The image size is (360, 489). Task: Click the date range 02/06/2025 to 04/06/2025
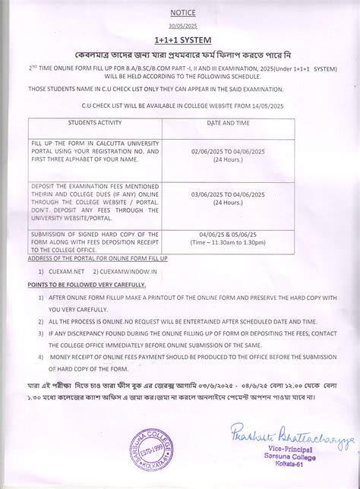click(232, 152)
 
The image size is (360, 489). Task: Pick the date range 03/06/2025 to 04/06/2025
click(232, 196)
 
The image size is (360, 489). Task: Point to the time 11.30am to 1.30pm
click(232, 243)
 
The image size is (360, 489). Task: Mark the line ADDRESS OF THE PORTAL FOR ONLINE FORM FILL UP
click(97, 259)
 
